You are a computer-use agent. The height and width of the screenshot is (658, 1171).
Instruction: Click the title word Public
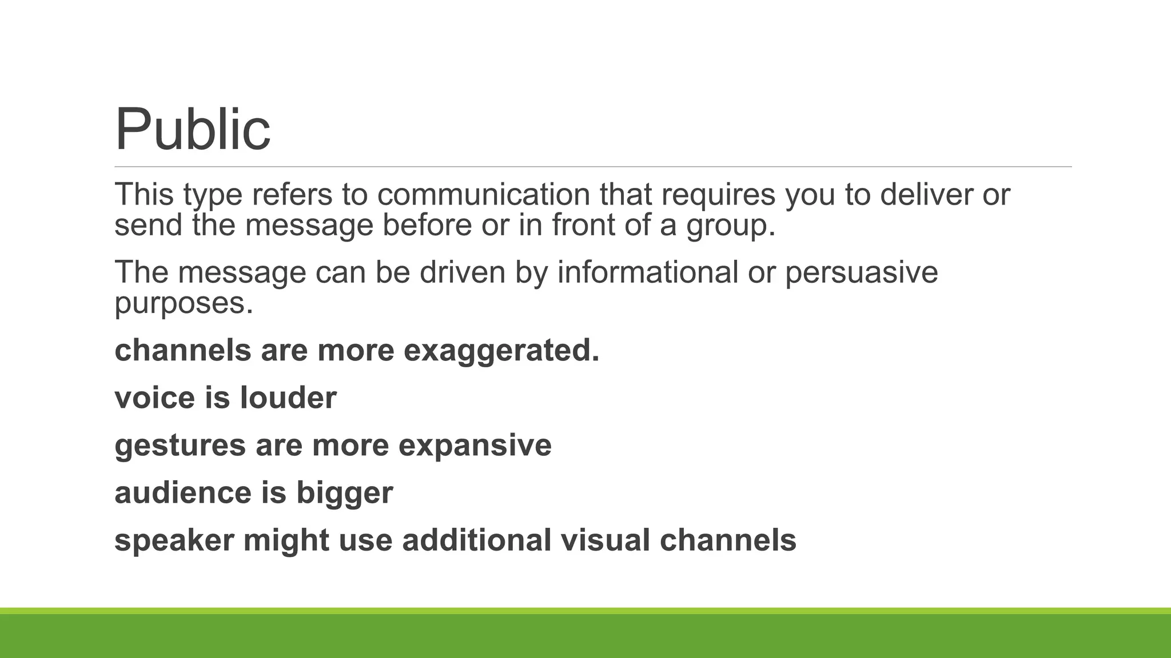(193, 130)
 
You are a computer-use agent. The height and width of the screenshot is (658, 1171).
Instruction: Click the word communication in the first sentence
(483, 194)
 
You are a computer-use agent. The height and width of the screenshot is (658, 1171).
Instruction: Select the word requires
(718, 194)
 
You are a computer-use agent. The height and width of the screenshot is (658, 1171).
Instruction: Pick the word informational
(648, 272)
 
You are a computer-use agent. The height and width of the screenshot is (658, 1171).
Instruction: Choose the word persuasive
(861, 272)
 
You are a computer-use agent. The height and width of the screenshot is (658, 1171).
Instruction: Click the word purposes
(183, 303)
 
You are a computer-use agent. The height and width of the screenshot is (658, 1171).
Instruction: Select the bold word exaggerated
(501, 350)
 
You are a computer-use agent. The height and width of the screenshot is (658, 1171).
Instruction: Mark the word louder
(288, 398)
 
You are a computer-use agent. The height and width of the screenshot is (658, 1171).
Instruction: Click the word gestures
(180, 446)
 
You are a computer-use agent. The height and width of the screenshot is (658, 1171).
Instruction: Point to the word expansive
(475, 446)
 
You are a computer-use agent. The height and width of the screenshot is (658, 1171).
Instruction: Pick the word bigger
(344, 493)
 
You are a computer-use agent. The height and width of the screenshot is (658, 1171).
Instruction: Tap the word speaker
(174, 540)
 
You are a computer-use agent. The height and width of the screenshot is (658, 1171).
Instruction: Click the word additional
(477, 540)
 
